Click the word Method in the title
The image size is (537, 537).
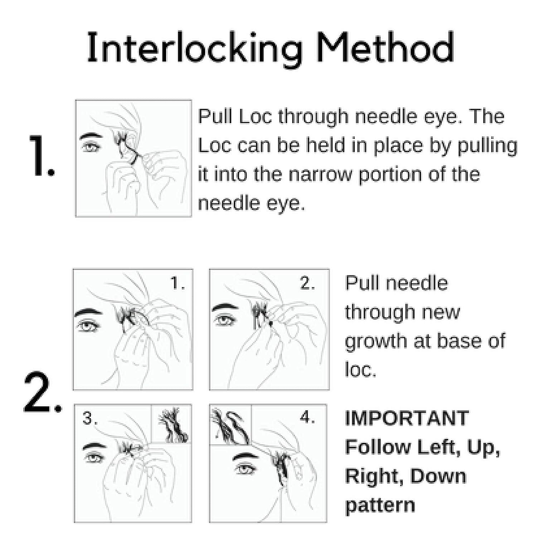click(x=385, y=48)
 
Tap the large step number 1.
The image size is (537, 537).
click(x=41, y=156)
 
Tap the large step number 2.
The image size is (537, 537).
click(x=41, y=393)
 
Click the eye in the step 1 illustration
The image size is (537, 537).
click(x=91, y=147)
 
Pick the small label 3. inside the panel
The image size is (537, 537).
click(x=90, y=417)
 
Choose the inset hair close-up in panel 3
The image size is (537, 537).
click(x=171, y=424)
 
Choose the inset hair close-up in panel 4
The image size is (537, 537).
click(x=230, y=425)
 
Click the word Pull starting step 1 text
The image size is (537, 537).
click(x=216, y=117)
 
